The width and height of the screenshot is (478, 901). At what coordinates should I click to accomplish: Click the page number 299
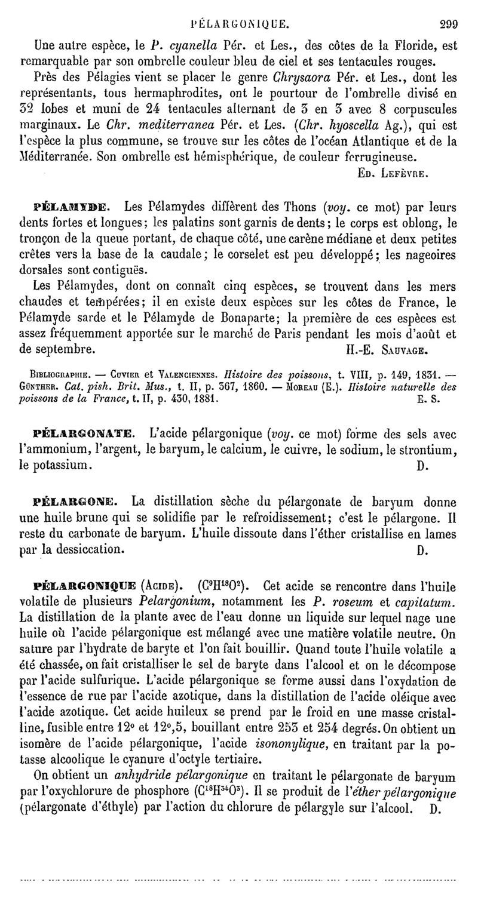448,24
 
